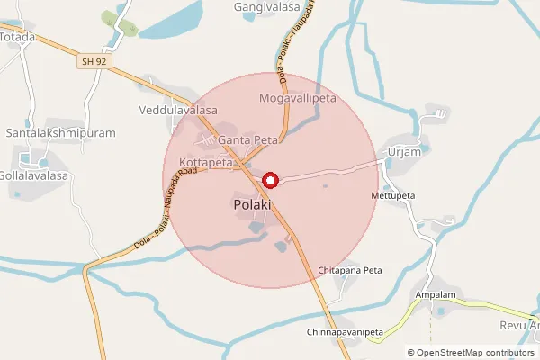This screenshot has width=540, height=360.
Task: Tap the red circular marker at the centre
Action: point(269,181)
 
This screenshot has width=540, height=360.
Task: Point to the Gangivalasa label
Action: point(265,6)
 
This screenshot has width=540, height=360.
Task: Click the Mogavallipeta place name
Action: point(297,97)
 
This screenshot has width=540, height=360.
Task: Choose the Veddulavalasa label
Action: point(178,111)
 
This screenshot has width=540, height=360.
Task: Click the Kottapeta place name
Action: point(205,162)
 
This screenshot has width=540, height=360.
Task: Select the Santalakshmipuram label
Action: point(61,132)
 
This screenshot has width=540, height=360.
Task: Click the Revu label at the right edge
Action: point(519,326)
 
